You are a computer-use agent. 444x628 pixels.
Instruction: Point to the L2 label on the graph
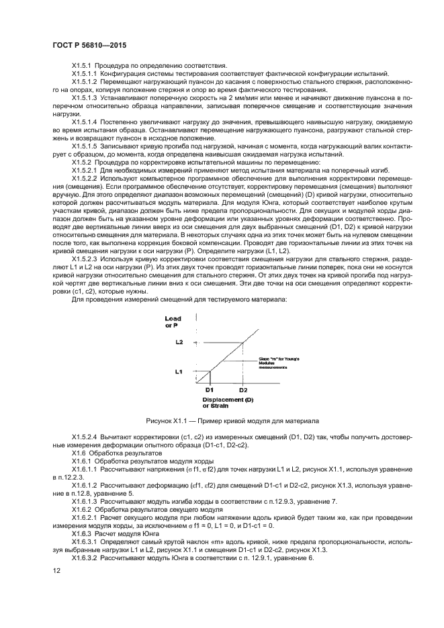(178, 343)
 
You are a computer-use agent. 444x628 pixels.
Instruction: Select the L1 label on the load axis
(178, 370)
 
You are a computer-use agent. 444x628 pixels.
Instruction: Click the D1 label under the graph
(209, 390)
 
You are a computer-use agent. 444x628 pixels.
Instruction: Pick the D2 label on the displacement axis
(242, 390)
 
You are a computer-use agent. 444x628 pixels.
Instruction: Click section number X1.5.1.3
(85, 97)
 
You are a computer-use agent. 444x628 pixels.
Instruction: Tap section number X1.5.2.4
(85, 436)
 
